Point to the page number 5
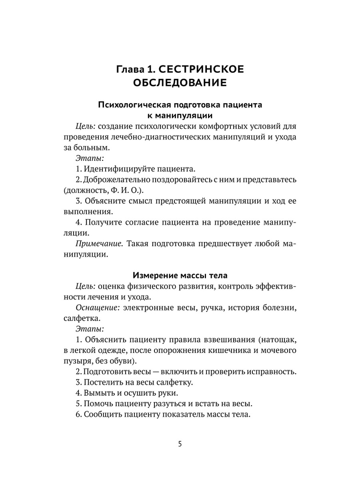[180, 444]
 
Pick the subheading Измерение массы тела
[180, 276]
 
